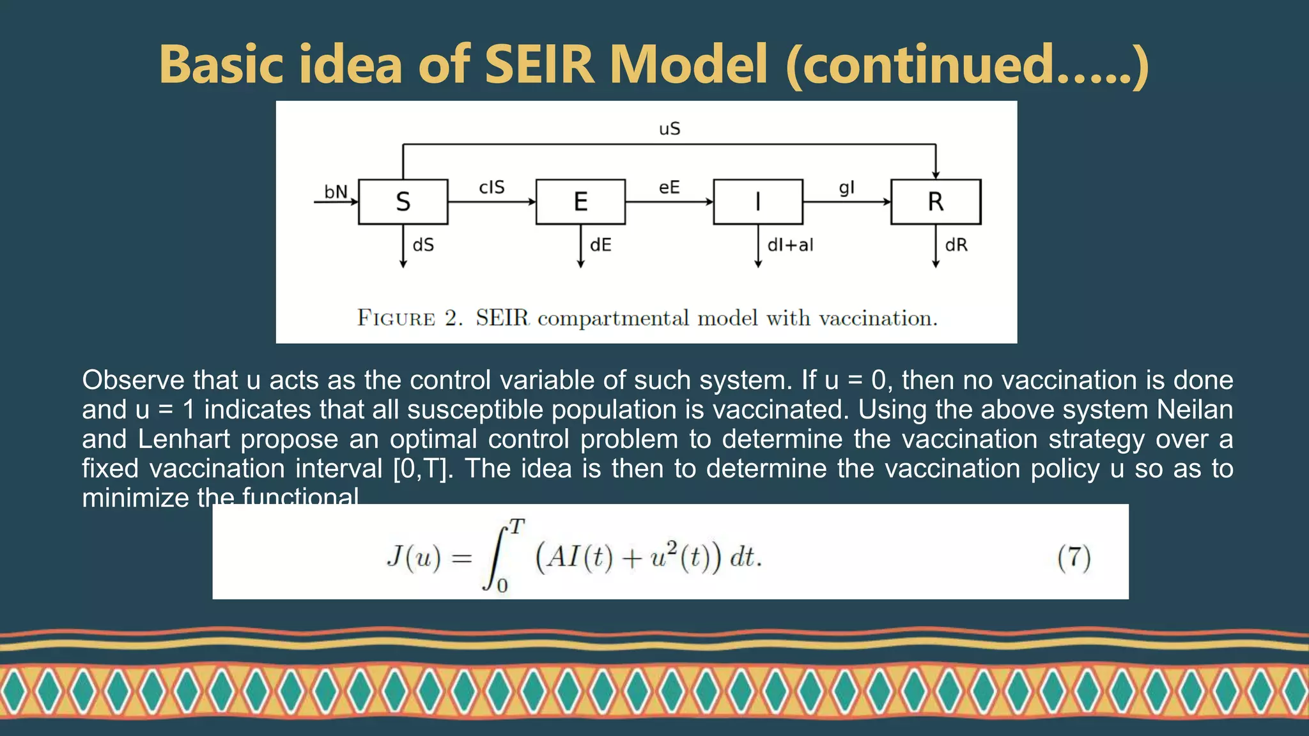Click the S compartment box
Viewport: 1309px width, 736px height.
pyautogui.click(x=403, y=202)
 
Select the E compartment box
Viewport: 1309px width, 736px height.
pyautogui.click(x=580, y=202)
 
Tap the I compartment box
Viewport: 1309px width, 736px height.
pyautogui.click(x=758, y=202)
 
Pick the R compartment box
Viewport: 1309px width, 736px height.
pyautogui.click(x=936, y=202)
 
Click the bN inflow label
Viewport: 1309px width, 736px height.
pyautogui.click(x=336, y=192)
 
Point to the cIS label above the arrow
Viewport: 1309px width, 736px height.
pyautogui.click(x=492, y=187)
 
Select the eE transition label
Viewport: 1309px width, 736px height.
pyautogui.click(x=669, y=187)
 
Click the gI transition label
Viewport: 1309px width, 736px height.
pyautogui.click(x=846, y=187)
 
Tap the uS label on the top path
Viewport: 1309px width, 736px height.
pyautogui.click(x=669, y=129)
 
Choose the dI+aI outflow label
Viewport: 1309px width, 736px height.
pyautogui.click(x=790, y=245)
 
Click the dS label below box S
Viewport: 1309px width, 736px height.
pyautogui.click(x=423, y=245)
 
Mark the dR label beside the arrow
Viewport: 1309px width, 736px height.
pyautogui.click(x=956, y=245)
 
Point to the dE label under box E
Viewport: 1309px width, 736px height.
pyautogui.click(x=601, y=245)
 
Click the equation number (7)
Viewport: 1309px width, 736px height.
pyautogui.click(x=1074, y=557)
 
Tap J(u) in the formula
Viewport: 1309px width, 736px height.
pyautogui.click(x=414, y=557)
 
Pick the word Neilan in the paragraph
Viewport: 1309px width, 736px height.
pyautogui.click(x=1195, y=410)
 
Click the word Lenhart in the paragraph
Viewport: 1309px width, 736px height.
pyautogui.click(x=184, y=439)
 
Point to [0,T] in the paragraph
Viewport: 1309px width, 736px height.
pyautogui.click(x=422, y=468)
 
